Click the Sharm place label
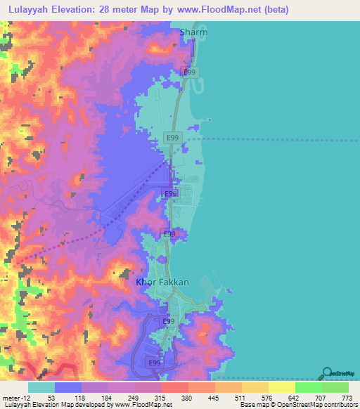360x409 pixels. (194, 32)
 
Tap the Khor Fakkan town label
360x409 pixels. (162, 283)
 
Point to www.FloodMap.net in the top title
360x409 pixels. (214, 10)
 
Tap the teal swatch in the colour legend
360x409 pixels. (41, 387)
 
